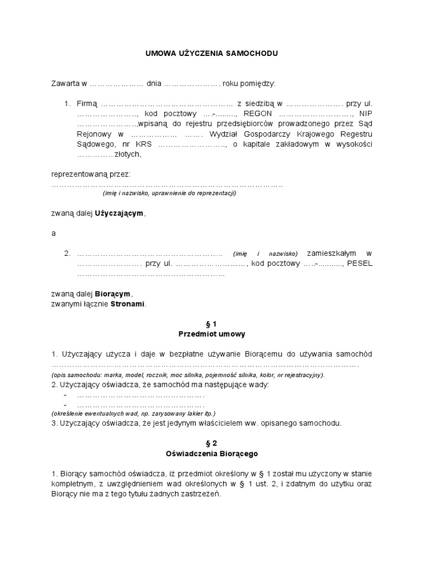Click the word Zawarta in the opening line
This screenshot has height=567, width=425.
coord(65,84)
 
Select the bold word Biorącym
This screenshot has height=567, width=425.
coord(113,293)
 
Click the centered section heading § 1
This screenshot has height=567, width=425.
coord(212,324)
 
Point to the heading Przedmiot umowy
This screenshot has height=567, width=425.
coord(212,334)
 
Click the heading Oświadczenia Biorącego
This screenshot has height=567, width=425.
coord(212,453)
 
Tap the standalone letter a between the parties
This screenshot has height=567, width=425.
coord(54,233)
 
